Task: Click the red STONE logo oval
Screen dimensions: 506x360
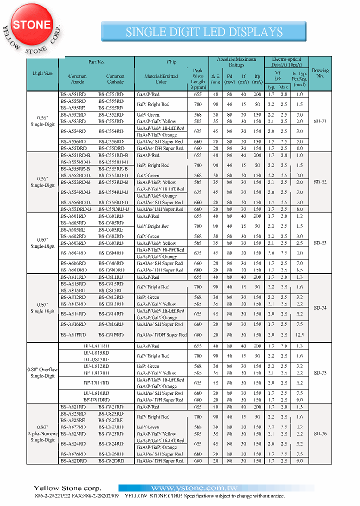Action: pyautogui.click(x=31, y=25)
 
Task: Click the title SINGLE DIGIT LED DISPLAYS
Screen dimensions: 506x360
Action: pyautogui.click(x=204, y=32)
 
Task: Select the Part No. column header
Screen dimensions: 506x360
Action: pyautogui.click(x=96, y=62)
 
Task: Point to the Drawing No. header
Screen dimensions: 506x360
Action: pyautogui.click(x=320, y=73)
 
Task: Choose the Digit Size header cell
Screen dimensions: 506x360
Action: pyautogui.click(x=42, y=73)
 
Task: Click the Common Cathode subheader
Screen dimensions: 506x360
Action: pyautogui.click(x=115, y=79)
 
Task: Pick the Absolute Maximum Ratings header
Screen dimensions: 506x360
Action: pyautogui.click(x=236, y=62)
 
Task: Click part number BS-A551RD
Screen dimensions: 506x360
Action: pyautogui.click(x=73, y=94)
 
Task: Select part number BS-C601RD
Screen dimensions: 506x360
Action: pyautogui.click(x=110, y=216)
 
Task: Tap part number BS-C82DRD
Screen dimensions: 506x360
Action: pyautogui.click(x=110, y=460)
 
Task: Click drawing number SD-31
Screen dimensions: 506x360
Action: pyautogui.click(x=320, y=121)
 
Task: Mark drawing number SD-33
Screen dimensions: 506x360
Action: pyautogui.click(x=320, y=243)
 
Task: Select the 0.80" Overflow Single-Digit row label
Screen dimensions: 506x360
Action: pyautogui.click(x=42, y=372)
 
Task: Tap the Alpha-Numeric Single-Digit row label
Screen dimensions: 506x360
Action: pyautogui.click(x=42, y=433)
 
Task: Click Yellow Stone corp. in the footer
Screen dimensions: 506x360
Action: pyautogui.click(x=67, y=488)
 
